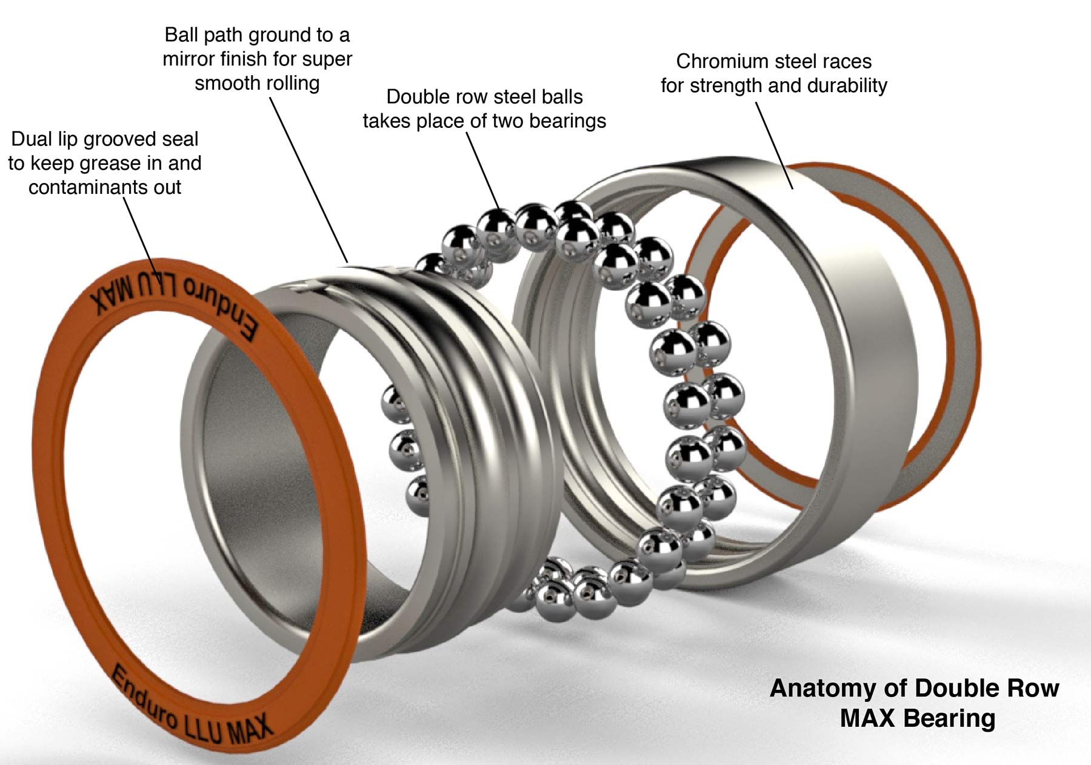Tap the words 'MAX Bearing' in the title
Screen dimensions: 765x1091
917,718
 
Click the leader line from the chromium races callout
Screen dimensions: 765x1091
774,145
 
